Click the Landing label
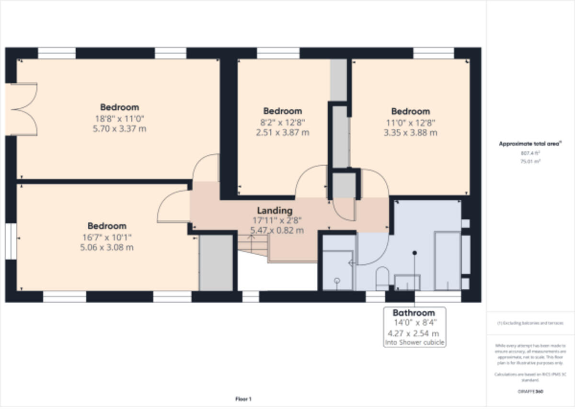point(275,210)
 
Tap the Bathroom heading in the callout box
point(414,313)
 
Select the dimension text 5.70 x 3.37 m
point(119,128)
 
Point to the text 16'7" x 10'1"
point(107,237)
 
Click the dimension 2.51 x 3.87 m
point(282,133)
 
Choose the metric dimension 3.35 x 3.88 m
point(410,133)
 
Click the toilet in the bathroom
point(382,279)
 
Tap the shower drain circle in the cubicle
point(337,281)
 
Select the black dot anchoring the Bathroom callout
point(414,252)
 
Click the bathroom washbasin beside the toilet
point(407,282)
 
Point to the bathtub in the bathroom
point(447,261)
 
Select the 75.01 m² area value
point(530,162)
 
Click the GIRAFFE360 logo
point(530,391)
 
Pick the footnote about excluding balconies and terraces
point(530,323)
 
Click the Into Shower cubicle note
point(414,342)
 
